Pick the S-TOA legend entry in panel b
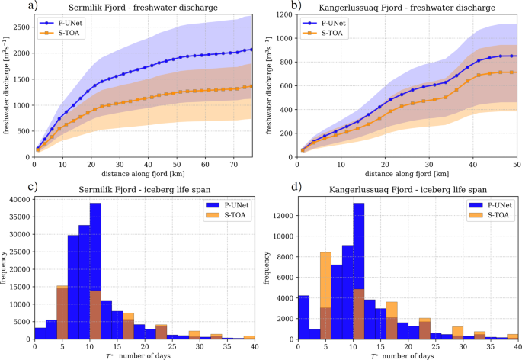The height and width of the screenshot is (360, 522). (331, 33)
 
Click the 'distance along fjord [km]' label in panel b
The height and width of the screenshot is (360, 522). (407, 174)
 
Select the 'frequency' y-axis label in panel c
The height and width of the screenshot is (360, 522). (7, 268)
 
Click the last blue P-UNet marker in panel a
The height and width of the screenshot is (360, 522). (251, 50)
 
